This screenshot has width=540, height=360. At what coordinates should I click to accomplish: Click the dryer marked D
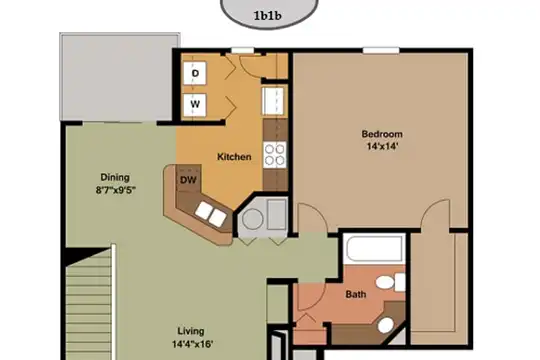pyautogui.click(x=195, y=73)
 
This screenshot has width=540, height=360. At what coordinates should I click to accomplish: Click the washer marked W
pyautogui.click(x=195, y=104)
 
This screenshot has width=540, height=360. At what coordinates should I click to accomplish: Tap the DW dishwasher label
pyautogui.click(x=188, y=180)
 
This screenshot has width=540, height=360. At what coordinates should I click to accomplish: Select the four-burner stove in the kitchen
pyautogui.click(x=275, y=155)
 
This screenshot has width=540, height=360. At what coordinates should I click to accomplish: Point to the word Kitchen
pyautogui.click(x=234, y=157)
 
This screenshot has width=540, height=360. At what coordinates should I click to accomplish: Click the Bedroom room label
pyautogui.click(x=382, y=134)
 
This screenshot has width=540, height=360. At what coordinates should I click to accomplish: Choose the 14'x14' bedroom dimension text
pyautogui.click(x=382, y=146)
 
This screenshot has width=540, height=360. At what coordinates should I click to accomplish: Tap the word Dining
pyautogui.click(x=115, y=177)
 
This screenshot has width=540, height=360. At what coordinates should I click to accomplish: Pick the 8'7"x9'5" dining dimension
pyautogui.click(x=116, y=190)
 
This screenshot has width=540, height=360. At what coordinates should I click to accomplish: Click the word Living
pyautogui.click(x=191, y=331)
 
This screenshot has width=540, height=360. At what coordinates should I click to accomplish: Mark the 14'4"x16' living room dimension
pyautogui.click(x=193, y=344)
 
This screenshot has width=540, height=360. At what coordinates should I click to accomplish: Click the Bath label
pyautogui.click(x=356, y=295)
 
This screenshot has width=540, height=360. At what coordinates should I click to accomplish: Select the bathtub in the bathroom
pyautogui.click(x=374, y=249)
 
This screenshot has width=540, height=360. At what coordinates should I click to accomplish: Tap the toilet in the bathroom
pyautogui.click(x=390, y=282)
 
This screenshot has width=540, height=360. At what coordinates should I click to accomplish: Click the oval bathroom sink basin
pyautogui.click(x=385, y=325)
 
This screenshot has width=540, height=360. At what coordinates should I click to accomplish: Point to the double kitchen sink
pyautogui.click(x=211, y=214)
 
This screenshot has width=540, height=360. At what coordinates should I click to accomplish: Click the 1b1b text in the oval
pyautogui.click(x=268, y=16)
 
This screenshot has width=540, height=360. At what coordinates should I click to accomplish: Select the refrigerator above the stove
pyautogui.click(x=274, y=101)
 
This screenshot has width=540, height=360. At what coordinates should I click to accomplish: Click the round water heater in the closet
pyautogui.click(x=252, y=219)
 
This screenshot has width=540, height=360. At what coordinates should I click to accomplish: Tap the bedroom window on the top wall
pyautogui.click(x=381, y=51)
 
